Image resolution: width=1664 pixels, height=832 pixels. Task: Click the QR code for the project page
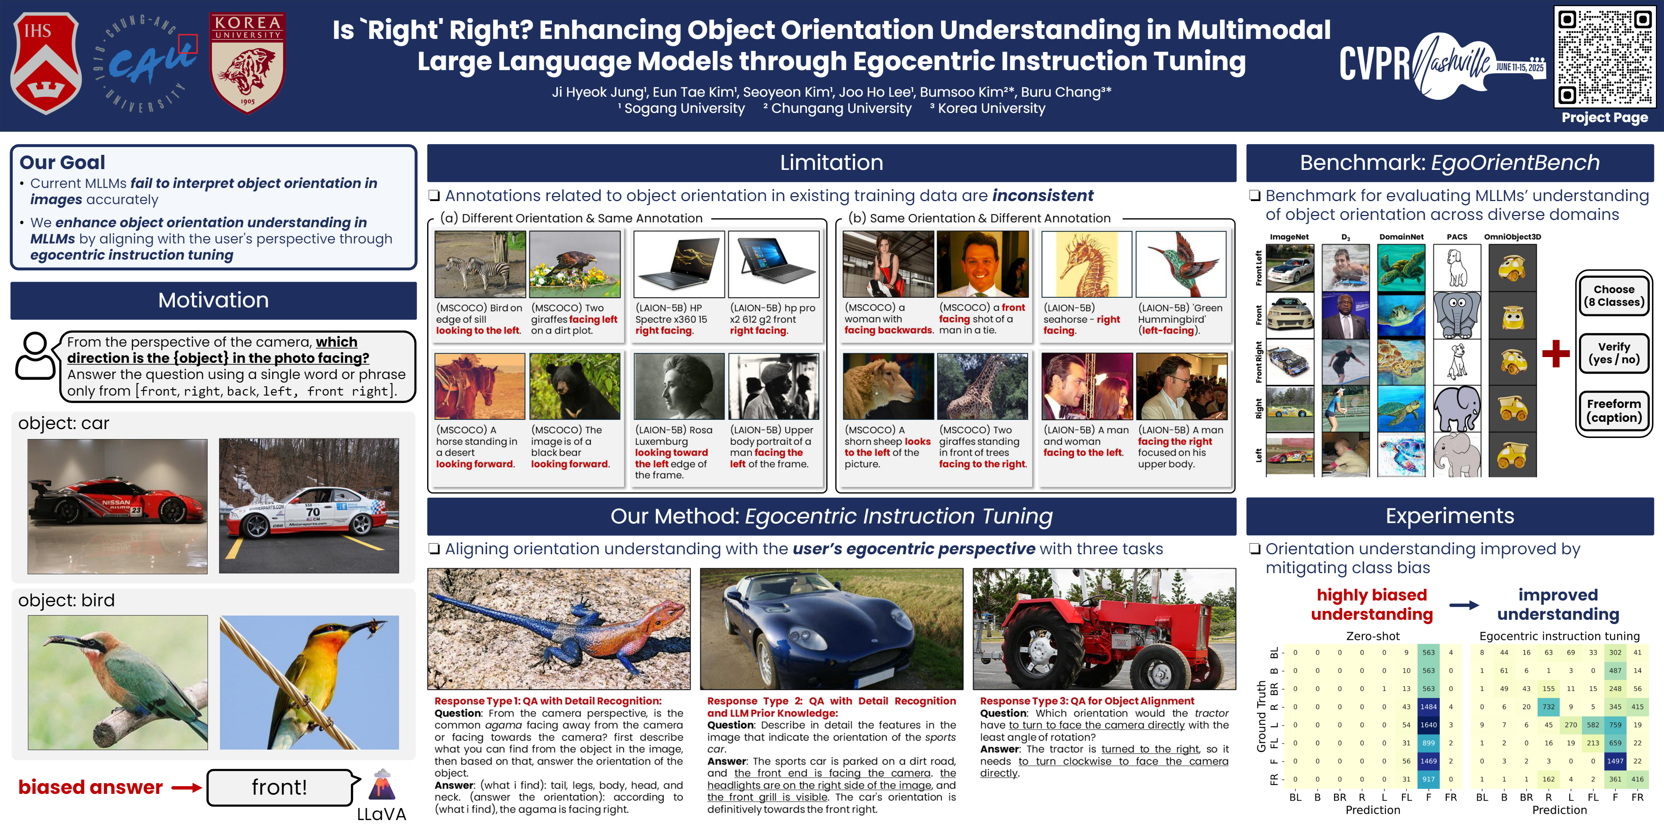[x=1605, y=57]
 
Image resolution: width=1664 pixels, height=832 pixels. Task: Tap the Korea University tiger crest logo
[x=247, y=63]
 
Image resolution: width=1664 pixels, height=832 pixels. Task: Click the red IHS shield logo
[x=45, y=63]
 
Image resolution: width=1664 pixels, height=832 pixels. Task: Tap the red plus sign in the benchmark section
[x=1555, y=353]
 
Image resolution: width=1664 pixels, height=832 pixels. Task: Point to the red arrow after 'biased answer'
[x=187, y=787]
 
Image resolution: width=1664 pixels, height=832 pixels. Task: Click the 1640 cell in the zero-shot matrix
[x=1428, y=725]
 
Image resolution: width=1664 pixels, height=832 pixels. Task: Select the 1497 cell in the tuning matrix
[x=1615, y=761]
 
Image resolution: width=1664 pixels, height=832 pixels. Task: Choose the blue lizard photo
[x=559, y=629]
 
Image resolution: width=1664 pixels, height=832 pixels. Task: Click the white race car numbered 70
[x=309, y=506]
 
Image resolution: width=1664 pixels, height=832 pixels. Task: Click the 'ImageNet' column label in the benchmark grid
[x=1289, y=237]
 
